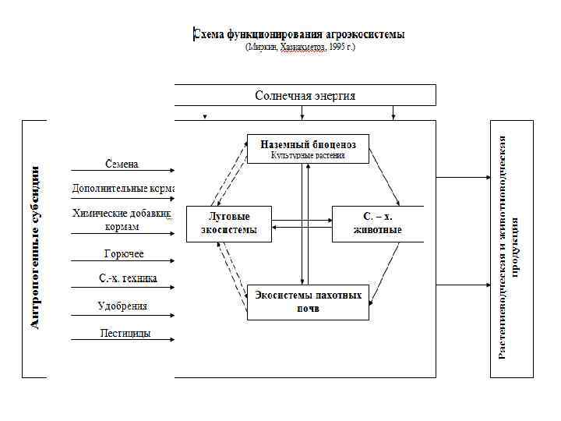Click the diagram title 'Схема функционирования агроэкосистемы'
pos(299,34)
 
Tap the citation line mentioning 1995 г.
pos(299,48)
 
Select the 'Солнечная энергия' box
pos(305,95)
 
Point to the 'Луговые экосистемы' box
pos(228,223)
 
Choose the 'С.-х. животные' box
pos(377,223)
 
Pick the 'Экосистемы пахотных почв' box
pos(308,302)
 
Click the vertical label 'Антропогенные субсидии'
pos(36,246)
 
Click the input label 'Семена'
pos(122,164)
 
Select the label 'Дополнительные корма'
pos(123,188)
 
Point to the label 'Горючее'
pos(123,253)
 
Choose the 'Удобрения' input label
pos(122,306)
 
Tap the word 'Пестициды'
pos(125,333)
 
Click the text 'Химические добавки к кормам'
pos(122,219)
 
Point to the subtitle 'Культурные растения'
pos(308,156)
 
